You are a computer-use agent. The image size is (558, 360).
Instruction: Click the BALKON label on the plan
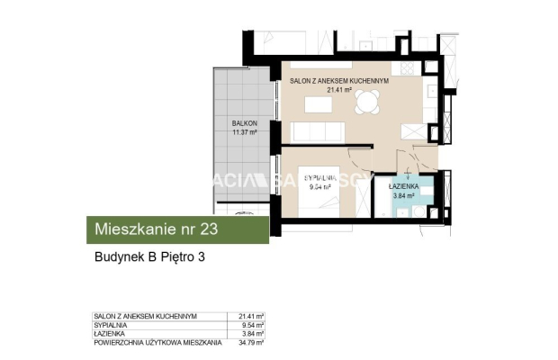click(245, 123)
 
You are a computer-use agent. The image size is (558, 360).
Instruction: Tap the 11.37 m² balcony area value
click(245, 132)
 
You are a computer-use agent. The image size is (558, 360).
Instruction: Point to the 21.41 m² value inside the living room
click(338, 90)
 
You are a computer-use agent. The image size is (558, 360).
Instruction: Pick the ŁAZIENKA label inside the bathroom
click(402, 185)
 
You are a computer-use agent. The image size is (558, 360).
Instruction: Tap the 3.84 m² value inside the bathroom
click(402, 194)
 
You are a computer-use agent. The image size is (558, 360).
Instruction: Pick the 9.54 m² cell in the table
click(253, 324)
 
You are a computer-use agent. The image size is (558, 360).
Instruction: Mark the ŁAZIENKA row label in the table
click(110, 333)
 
